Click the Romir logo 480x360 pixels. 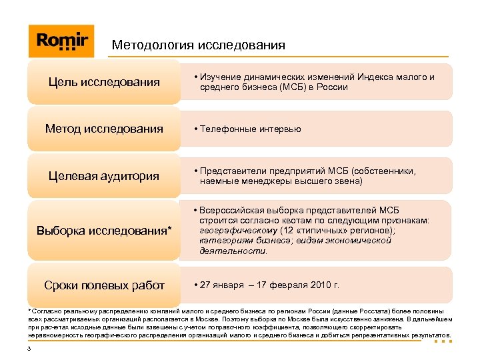(x=62, y=41)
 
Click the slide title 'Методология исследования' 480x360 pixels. (x=198, y=45)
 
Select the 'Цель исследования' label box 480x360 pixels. (x=104, y=83)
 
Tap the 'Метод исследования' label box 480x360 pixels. (x=104, y=129)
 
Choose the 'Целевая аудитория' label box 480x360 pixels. (x=104, y=176)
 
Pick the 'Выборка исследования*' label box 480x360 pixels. (x=104, y=231)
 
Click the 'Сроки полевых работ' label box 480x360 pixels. (x=104, y=285)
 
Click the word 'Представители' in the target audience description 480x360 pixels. (x=231, y=171)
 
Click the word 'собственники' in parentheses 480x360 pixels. (x=387, y=171)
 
